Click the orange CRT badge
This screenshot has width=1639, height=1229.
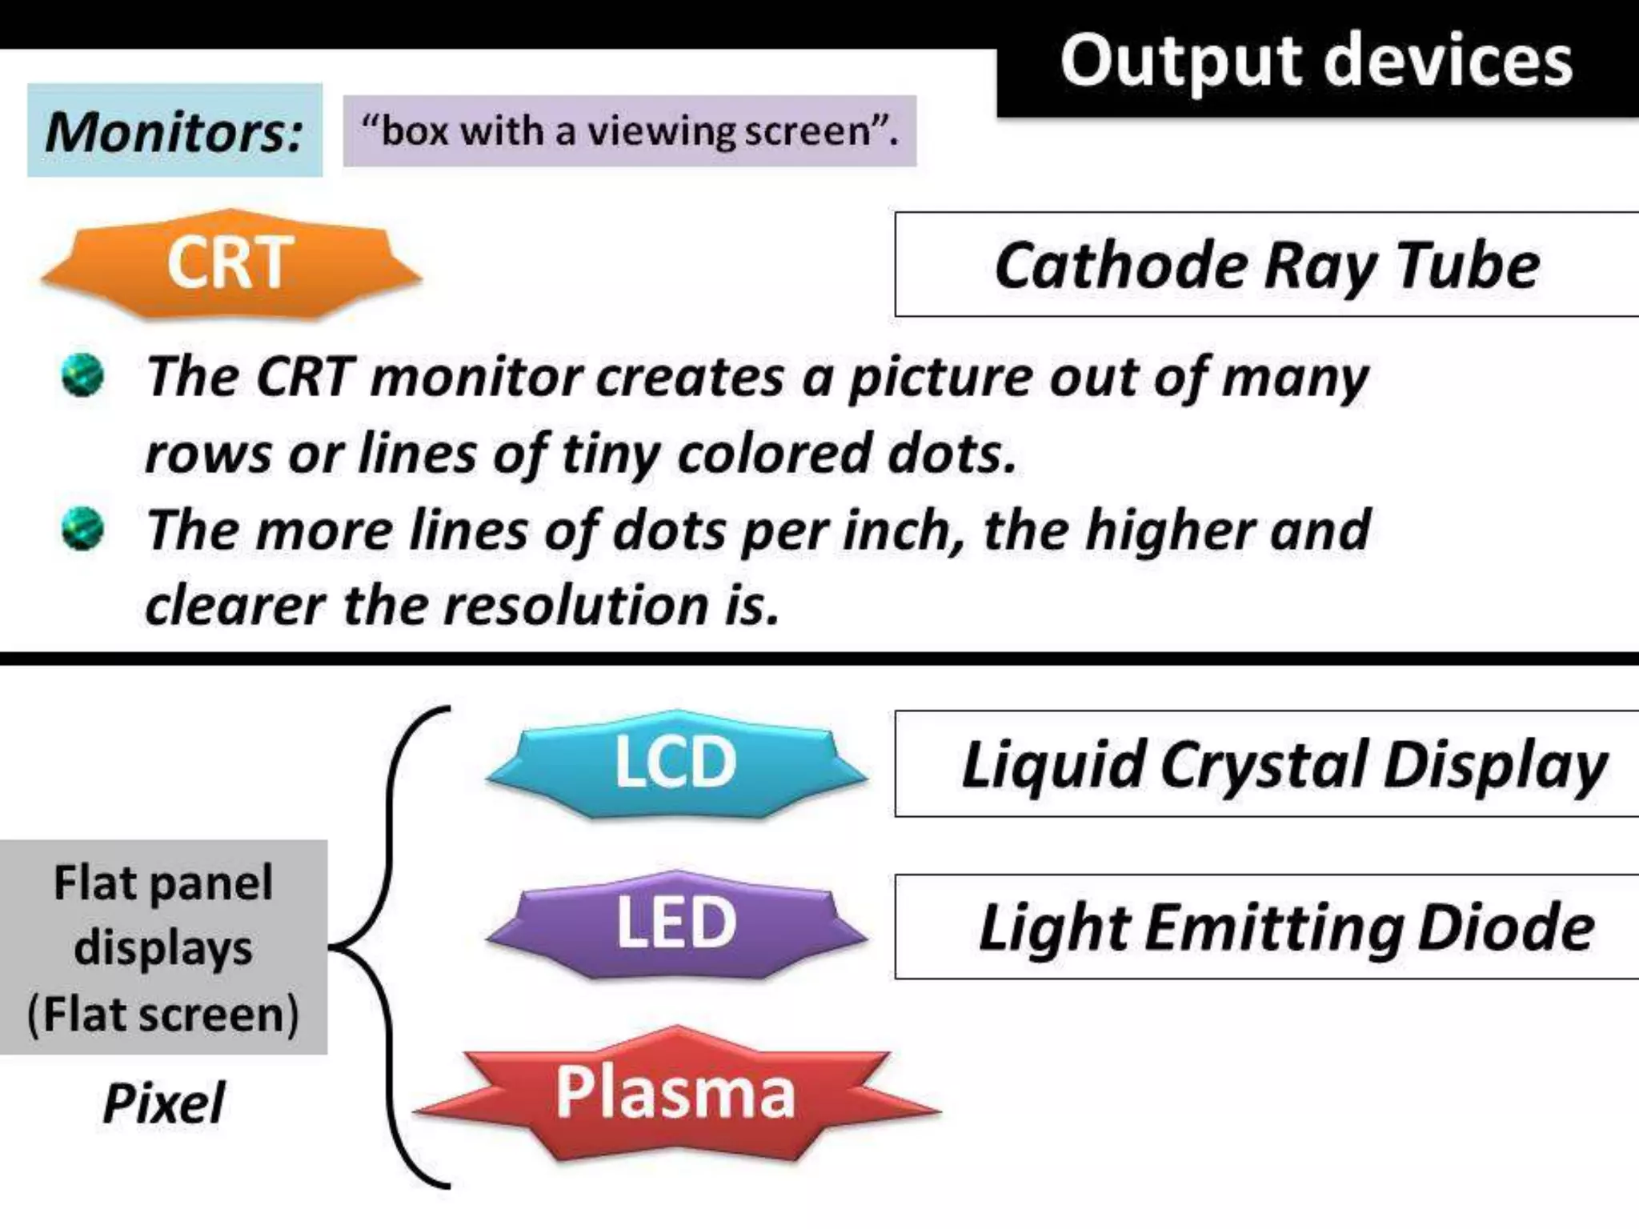(x=230, y=264)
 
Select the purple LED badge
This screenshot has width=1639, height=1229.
(x=676, y=923)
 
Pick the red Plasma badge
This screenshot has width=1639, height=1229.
(x=676, y=1093)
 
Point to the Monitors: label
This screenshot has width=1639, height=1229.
(x=174, y=130)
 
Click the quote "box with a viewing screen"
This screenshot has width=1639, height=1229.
(x=630, y=131)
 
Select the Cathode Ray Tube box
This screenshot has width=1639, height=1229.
(x=1267, y=265)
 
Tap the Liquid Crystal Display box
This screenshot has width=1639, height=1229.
(x=1267, y=764)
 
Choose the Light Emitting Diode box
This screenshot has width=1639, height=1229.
(x=1267, y=927)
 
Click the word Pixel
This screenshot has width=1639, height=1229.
(x=164, y=1103)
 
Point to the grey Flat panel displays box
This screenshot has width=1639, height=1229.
(x=163, y=947)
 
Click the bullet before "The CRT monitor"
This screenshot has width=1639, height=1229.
(x=82, y=375)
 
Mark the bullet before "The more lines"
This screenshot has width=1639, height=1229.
(x=82, y=529)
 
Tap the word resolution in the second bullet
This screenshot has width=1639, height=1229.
(x=576, y=605)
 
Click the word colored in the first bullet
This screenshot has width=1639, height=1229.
(x=773, y=454)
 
